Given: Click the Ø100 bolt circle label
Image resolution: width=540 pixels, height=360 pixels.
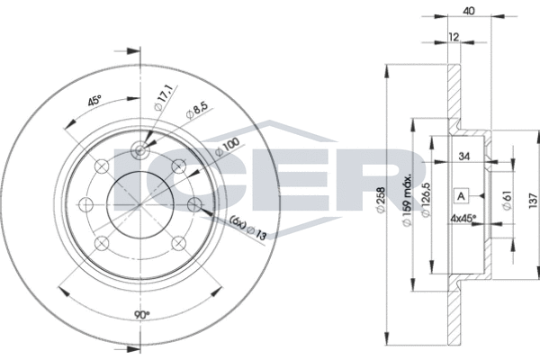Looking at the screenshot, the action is [227, 148].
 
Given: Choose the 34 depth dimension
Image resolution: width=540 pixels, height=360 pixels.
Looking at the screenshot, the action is [465, 157].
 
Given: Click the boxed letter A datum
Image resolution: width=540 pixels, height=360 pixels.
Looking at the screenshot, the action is [460, 195].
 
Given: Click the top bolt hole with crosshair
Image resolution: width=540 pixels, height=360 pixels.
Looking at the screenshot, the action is [139, 151].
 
